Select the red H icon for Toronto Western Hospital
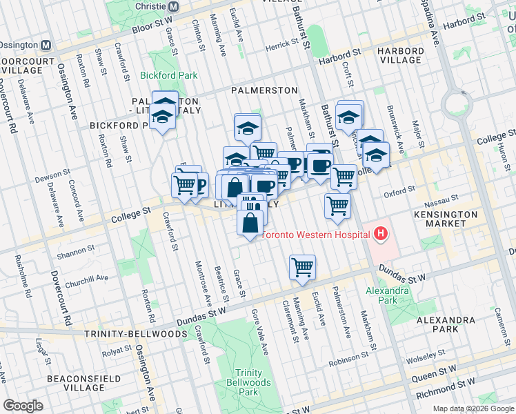tap(379, 235)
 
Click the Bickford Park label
tap(168, 75)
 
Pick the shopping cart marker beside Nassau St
tap(337, 205)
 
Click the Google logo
tap(23, 406)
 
